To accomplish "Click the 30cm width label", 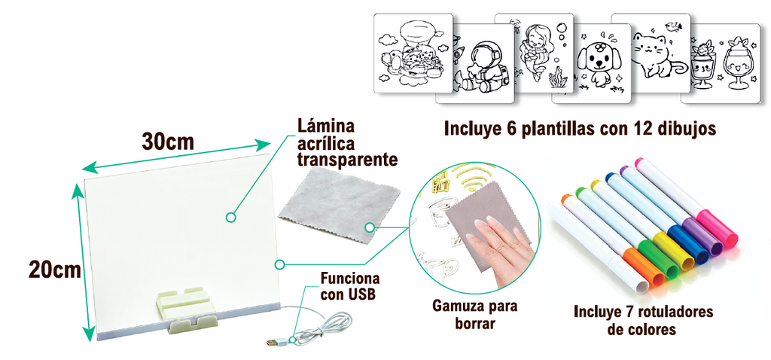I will click(x=168, y=141).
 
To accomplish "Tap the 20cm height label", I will click(x=54, y=268).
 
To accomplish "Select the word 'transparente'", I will click(x=347, y=160).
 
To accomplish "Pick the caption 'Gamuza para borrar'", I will click(x=475, y=315).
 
